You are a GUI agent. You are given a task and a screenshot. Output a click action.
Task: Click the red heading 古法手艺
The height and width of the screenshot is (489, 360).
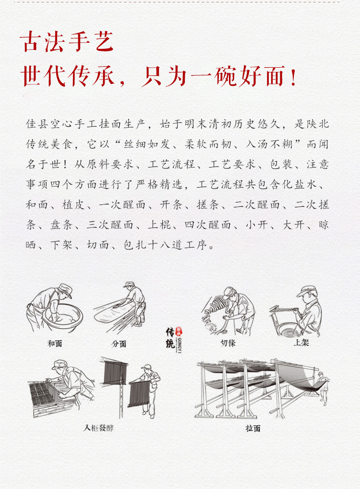[x=67, y=42]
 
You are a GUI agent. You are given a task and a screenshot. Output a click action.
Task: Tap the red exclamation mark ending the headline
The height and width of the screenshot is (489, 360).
[x=294, y=77]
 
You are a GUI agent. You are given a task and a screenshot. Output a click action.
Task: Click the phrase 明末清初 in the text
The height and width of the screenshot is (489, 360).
[x=215, y=124]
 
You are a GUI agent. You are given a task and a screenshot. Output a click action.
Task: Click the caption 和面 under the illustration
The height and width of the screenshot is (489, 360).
[x=55, y=344]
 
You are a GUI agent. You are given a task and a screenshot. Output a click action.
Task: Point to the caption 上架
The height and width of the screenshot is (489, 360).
[x=301, y=344]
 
